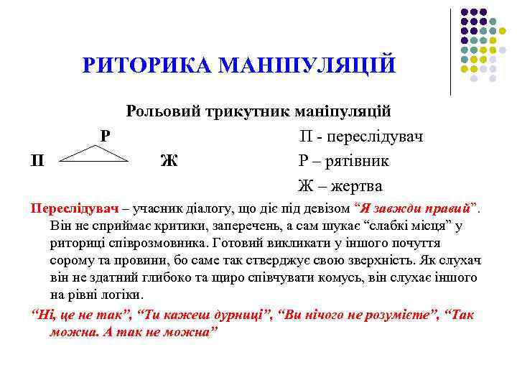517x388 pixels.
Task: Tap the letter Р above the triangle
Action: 105,134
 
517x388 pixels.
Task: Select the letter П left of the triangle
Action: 37,160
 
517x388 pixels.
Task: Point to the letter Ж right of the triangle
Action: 169,160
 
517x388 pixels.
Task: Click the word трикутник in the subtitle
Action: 243,111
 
